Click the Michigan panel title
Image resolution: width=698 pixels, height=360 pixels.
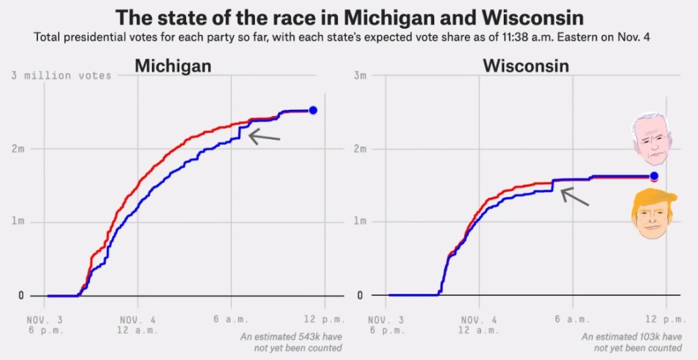point(172,66)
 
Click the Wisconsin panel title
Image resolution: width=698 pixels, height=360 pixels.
point(526,66)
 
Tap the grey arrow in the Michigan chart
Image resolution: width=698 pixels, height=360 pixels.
point(264,136)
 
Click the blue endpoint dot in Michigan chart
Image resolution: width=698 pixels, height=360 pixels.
point(313,110)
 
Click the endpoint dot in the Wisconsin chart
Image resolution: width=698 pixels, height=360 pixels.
point(654,177)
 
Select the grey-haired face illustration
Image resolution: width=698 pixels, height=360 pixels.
point(649,140)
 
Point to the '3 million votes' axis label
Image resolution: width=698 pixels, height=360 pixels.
point(61,76)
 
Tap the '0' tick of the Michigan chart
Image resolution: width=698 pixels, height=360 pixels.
point(21,296)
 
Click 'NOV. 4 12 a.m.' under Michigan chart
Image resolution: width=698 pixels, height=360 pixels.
point(138,325)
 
